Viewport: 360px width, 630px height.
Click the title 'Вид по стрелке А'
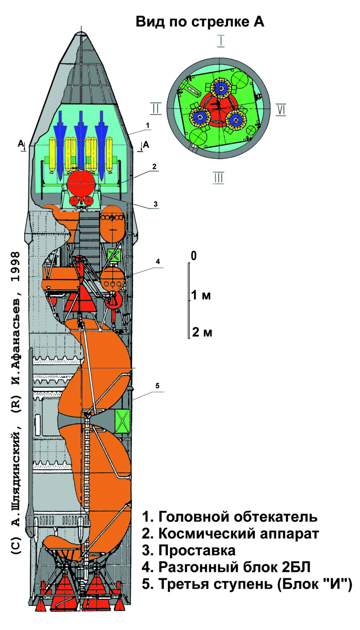pos(199,23)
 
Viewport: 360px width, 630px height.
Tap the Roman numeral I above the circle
pos(221,42)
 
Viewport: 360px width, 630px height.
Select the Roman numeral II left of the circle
pos(155,109)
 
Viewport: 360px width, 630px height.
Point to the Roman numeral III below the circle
pos(218,177)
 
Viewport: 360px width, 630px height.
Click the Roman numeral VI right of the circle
pos(281,109)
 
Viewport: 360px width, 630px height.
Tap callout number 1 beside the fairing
pos(147,124)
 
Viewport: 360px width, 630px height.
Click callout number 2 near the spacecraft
pos(154,166)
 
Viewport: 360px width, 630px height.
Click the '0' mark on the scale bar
pos(194,256)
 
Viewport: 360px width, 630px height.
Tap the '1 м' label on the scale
pos(201,295)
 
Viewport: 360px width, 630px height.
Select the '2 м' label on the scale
pos(202,333)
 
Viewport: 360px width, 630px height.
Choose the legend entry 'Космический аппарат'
pos(230,534)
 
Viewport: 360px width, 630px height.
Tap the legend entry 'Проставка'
pos(189,551)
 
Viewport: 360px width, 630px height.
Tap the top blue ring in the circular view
pos(220,88)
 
